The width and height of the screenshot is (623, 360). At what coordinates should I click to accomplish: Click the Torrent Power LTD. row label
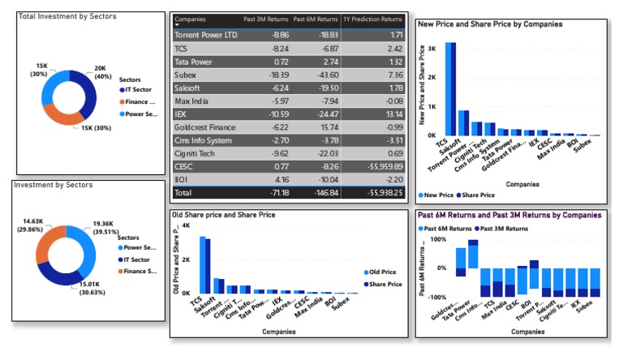point(206,36)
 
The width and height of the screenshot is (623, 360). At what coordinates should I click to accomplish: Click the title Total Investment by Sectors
point(67,16)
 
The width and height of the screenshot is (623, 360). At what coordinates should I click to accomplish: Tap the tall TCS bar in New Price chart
point(450,89)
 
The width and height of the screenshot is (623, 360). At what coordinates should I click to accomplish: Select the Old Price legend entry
point(379,272)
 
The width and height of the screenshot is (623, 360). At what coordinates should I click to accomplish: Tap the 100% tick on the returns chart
point(438,240)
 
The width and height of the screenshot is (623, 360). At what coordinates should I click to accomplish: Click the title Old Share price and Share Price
point(223,215)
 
